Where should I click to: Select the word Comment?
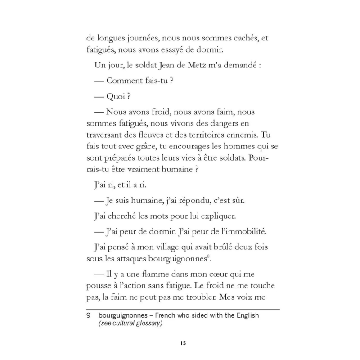pos(124,81)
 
